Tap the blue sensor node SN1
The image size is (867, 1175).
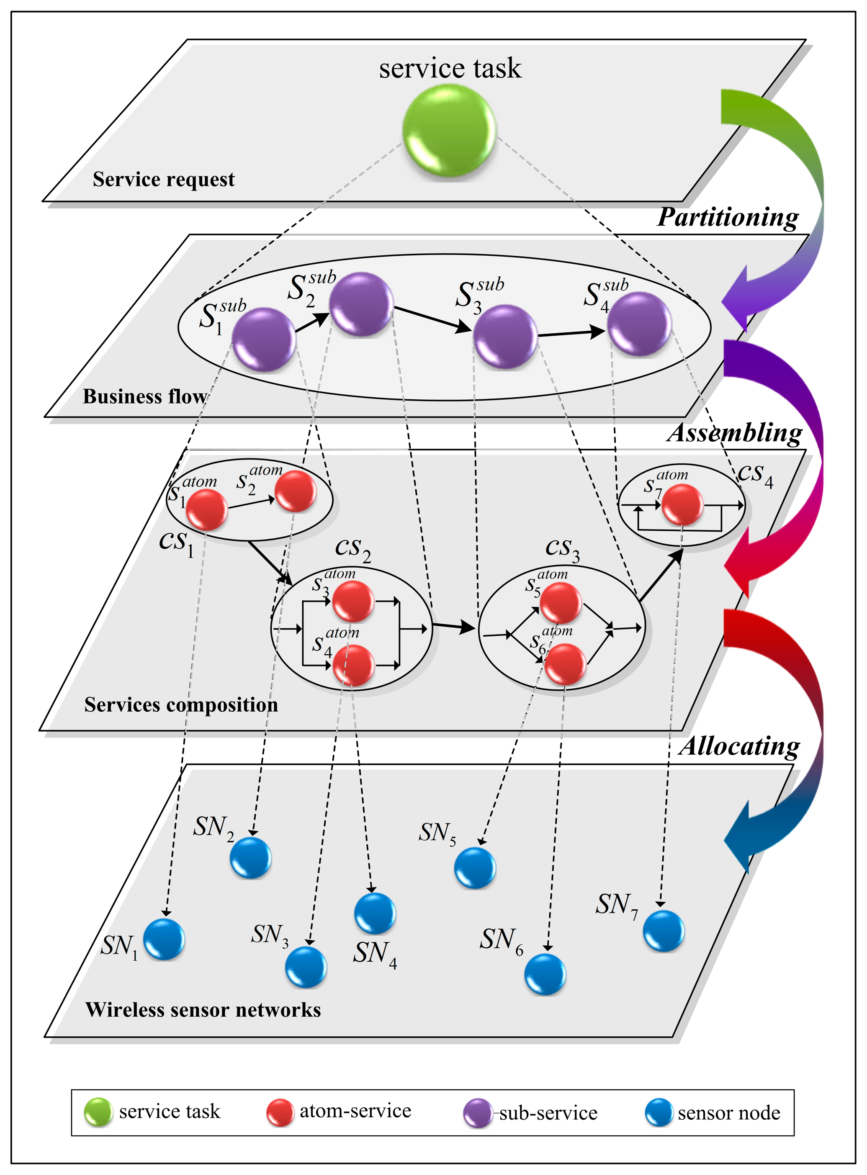point(164,939)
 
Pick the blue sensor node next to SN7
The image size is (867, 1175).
point(664,931)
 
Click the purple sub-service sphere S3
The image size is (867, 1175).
point(505,337)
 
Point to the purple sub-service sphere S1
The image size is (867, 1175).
point(263,339)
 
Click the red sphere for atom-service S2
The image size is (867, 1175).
point(296,491)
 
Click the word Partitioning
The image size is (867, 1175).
point(728,217)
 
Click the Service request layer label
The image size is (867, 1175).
point(164,180)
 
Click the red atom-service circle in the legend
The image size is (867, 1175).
point(280,1112)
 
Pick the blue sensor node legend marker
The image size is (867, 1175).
point(659,1113)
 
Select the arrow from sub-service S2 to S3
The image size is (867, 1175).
point(433,319)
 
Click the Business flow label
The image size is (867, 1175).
point(145,396)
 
